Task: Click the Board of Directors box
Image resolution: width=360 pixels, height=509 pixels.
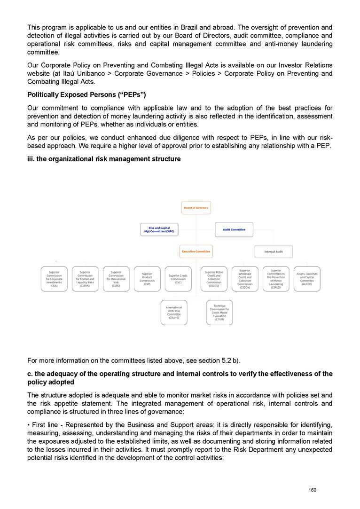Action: (196, 208)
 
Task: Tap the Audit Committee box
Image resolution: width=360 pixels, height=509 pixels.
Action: (234, 229)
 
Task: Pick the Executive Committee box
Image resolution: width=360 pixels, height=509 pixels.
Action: (196, 251)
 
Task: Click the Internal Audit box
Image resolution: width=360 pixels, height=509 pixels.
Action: (274, 251)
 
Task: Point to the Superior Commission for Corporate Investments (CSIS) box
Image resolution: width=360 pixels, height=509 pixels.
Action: (54, 279)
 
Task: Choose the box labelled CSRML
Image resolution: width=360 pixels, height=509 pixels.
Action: (85, 279)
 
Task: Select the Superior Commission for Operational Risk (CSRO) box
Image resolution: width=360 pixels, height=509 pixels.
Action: (116, 279)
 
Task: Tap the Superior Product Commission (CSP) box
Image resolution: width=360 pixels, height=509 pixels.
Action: (147, 279)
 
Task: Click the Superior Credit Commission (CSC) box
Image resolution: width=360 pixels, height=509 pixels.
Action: (178, 279)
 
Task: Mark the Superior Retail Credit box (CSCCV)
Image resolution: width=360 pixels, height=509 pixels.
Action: (214, 279)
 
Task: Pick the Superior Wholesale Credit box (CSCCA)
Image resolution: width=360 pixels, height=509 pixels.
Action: (245, 279)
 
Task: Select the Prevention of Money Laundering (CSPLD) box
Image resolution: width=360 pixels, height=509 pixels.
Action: (276, 279)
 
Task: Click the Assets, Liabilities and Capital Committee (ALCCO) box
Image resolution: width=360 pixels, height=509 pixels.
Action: (307, 279)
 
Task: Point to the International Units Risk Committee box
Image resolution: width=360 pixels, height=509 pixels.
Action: (174, 313)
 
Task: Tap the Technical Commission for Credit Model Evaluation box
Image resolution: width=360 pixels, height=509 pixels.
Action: (219, 313)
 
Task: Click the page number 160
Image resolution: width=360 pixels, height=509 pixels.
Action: (312, 490)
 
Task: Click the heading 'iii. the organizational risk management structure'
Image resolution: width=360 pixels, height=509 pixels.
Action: (104, 159)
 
